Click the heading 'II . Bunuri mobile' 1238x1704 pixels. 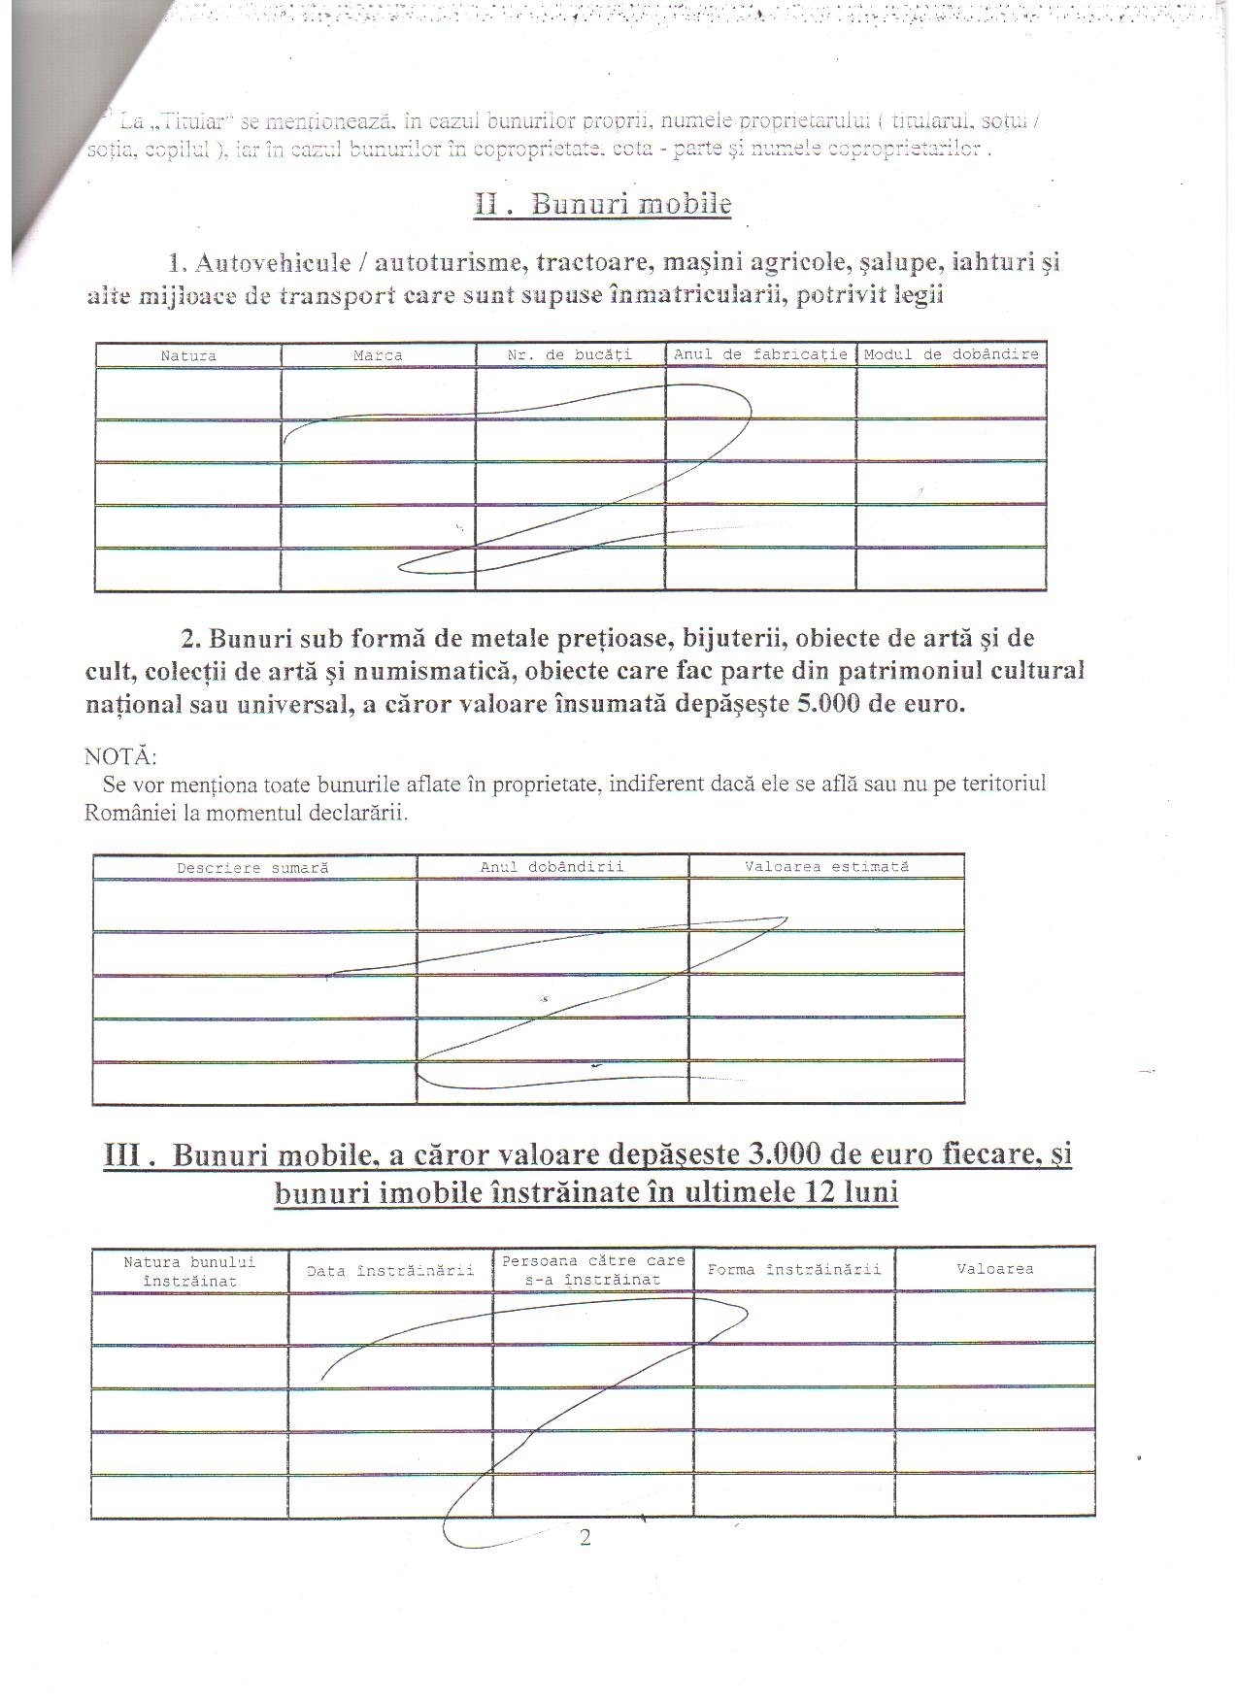point(602,205)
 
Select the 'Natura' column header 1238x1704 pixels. point(188,356)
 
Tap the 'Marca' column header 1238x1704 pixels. point(378,356)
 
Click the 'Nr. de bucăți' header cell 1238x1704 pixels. point(570,355)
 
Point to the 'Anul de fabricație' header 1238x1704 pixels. point(760,354)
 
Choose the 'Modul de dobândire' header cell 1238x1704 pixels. point(952,354)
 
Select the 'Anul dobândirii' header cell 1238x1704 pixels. point(552,867)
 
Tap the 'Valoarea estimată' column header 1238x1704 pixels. point(827,866)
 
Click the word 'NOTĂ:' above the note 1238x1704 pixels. point(120,756)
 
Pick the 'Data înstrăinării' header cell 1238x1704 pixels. point(390,1271)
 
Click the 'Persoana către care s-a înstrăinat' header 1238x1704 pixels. point(593,1270)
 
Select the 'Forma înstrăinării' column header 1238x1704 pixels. point(794,1270)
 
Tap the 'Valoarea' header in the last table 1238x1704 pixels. point(995,1269)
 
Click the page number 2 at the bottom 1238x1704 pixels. point(585,1537)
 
